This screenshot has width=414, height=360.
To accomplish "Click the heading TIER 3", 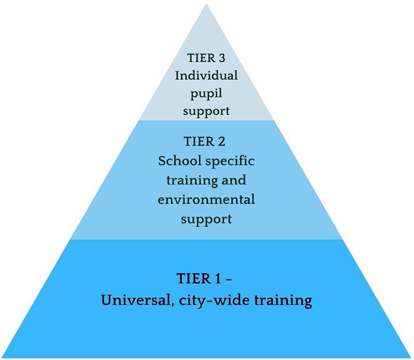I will click(206, 57).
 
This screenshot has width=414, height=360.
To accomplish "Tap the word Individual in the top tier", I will click(206, 76).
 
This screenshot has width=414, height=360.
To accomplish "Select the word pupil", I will click(206, 94).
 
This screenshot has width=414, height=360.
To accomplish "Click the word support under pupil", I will click(206, 111).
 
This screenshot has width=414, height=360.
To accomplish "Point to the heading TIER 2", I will click(206, 141).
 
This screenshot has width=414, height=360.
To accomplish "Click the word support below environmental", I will click(206, 219).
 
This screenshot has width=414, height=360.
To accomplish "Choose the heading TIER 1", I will click(199, 278).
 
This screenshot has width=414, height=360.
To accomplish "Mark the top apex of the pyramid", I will click(206, 5).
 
